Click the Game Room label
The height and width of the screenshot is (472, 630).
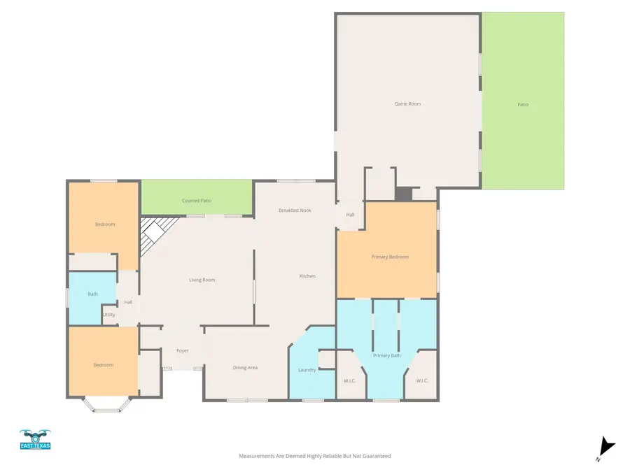[407, 103]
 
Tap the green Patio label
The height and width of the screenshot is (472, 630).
[523, 104]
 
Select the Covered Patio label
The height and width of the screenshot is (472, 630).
[197, 201]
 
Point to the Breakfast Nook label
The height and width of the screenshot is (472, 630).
[295, 210]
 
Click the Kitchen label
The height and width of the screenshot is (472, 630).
[307, 276]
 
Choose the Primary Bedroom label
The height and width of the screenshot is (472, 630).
[390, 257]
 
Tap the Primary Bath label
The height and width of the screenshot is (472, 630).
[386, 356]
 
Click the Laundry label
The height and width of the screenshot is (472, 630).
[307, 369]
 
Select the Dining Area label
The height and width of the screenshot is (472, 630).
[245, 367]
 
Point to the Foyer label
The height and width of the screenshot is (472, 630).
[182, 350]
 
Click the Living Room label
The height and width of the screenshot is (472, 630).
[202, 280]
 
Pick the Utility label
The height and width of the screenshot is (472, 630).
[109, 315]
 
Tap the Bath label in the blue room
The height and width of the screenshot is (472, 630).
[92, 294]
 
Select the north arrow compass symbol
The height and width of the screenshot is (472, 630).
[606, 448]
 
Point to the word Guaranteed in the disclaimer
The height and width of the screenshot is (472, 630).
[374, 456]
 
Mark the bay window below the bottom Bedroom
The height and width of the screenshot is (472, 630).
[106, 405]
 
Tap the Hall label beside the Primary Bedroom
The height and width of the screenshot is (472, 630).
[350, 215]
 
